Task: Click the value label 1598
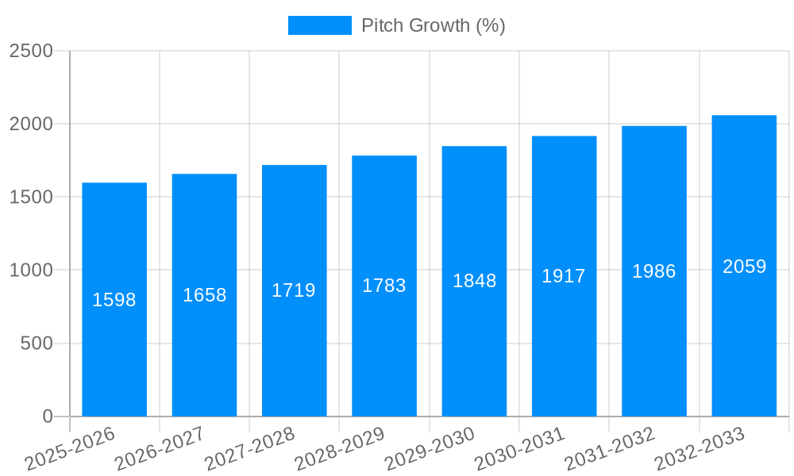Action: coord(114,300)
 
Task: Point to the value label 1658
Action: coord(205,295)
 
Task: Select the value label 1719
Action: coord(294,290)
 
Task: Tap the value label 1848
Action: coord(475,281)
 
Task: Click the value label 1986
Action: coord(654,271)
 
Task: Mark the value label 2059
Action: coord(745,267)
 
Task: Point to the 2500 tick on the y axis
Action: coord(31,51)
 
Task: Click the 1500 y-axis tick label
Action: coord(31,198)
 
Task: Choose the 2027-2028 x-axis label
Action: coord(250,449)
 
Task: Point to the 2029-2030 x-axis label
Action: coord(430,449)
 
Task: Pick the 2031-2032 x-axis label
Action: coord(610,449)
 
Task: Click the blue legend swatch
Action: coord(319,25)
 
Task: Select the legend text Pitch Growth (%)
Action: coord(434,25)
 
